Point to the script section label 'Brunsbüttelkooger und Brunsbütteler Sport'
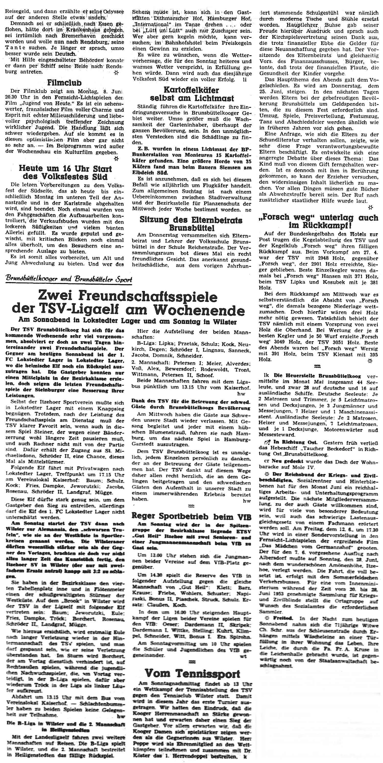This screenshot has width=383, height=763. point(69,279)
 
